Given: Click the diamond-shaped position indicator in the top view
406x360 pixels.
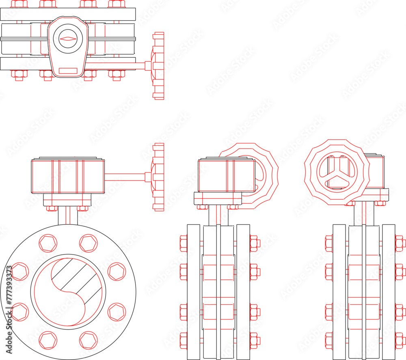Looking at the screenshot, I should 68,39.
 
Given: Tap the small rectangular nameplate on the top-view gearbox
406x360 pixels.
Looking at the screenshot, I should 68,71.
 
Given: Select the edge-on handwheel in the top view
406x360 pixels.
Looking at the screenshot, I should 158,66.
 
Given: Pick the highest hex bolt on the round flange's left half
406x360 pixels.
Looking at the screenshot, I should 48,243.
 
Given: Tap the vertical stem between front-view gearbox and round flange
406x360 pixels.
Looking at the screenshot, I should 68,216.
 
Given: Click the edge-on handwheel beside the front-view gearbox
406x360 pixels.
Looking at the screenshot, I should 158,177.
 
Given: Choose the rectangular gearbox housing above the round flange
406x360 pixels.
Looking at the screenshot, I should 68,177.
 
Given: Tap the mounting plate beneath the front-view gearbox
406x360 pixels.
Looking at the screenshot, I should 67,200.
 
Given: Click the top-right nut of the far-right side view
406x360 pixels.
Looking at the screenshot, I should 400,243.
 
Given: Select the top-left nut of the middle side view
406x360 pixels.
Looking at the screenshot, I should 184,243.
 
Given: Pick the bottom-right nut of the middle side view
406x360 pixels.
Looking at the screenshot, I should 255,340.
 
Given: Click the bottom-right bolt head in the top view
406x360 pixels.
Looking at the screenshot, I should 117,75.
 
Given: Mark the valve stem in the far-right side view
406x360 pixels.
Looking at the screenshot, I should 364,213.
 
